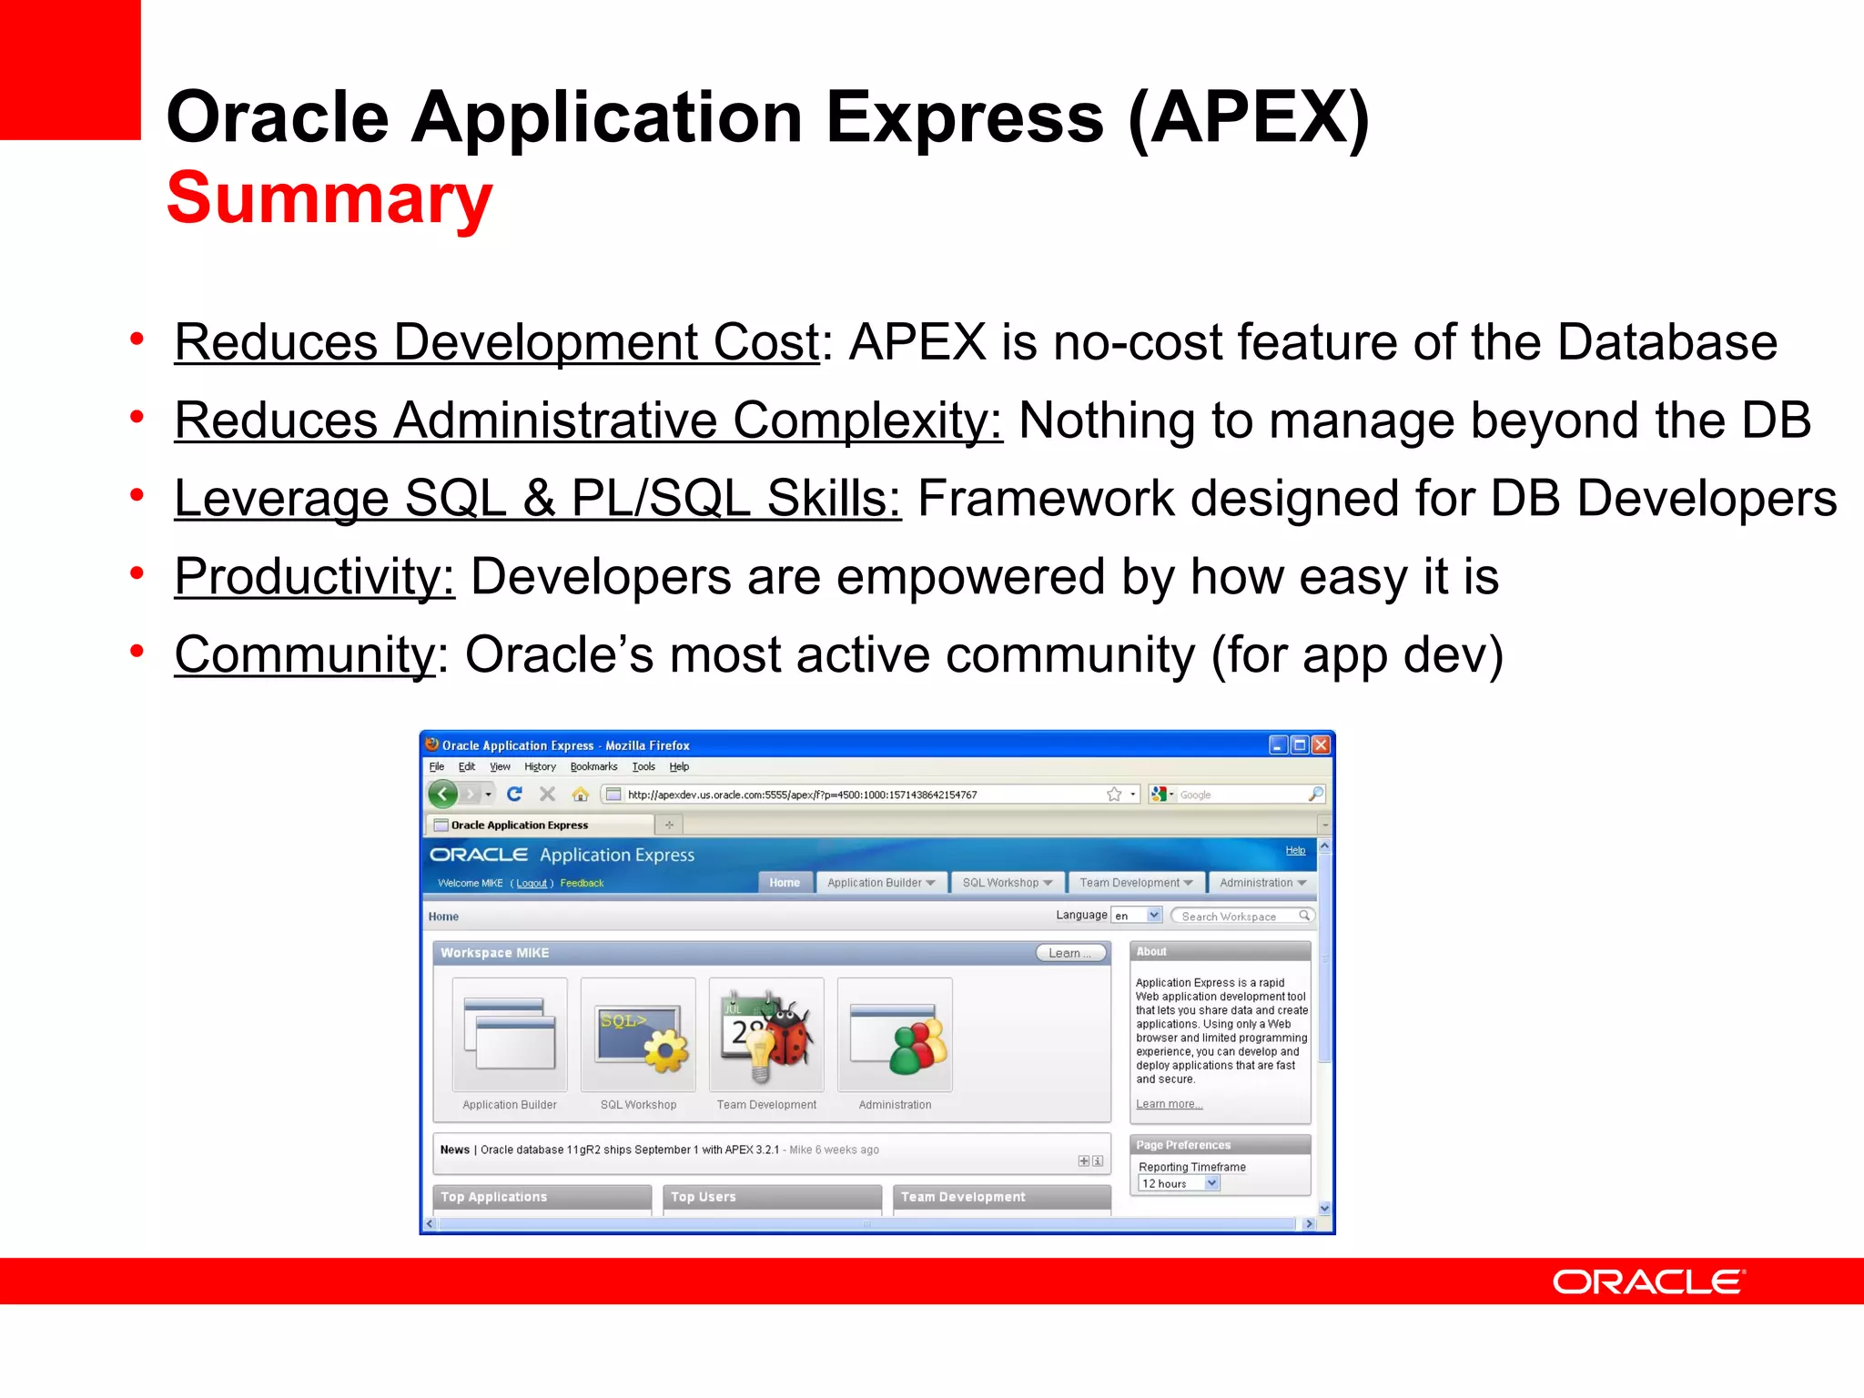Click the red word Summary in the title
coord(329,198)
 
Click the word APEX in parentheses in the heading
coord(1248,118)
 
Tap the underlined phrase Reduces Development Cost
coord(496,343)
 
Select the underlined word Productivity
coord(314,577)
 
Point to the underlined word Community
coord(305,655)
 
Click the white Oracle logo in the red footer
coord(1648,1281)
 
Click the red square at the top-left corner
coord(70,69)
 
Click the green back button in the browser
coord(443,795)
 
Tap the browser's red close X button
coord(1321,745)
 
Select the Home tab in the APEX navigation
coord(784,883)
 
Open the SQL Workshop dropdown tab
coord(1007,883)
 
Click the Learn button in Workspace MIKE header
coord(1070,953)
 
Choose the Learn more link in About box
coord(1169,1104)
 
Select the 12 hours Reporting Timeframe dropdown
coord(1179,1183)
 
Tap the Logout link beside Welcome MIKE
coord(532,884)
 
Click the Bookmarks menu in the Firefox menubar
coord(593,767)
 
